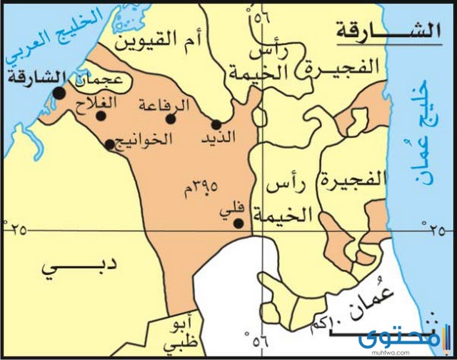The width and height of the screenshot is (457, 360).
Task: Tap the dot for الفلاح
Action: pyautogui.click(x=101, y=116)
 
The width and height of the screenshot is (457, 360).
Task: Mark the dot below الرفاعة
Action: pyautogui.click(x=170, y=119)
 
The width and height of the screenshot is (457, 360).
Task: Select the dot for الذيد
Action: pyautogui.click(x=216, y=124)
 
